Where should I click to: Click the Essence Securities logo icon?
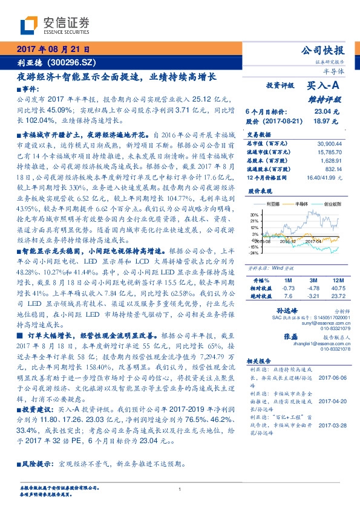point(30,26)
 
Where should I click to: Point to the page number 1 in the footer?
point(180,489)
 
